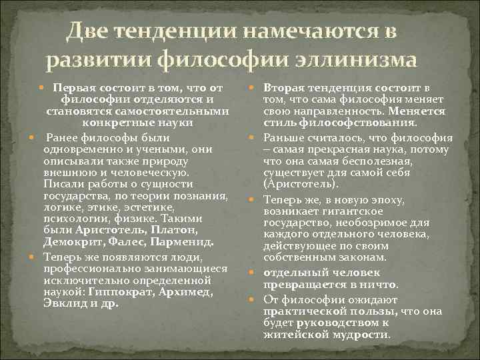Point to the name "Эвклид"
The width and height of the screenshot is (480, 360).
(x=62, y=303)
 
